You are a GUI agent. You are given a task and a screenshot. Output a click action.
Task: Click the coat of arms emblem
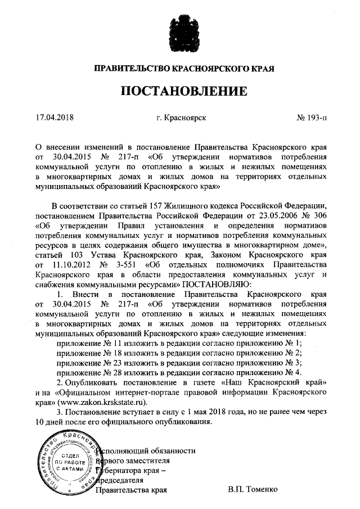pyautogui.click(x=180, y=34)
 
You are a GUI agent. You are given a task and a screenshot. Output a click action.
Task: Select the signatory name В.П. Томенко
pyautogui.click(x=253, y=490)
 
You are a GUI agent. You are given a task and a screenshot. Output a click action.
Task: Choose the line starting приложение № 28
pyautogui.click(x=180, y=372)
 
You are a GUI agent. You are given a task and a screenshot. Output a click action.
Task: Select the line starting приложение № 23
pyautogui.click(x=180, y=362)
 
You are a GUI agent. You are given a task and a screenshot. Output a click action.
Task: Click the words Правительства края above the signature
pyautogui.click(x=132, y=490)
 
